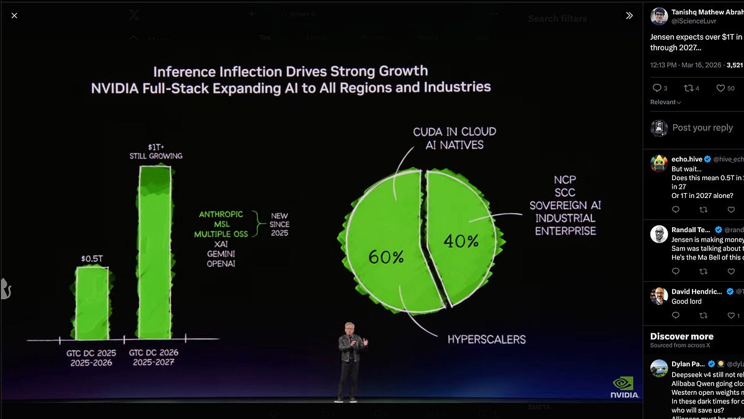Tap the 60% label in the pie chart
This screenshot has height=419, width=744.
(386, 256)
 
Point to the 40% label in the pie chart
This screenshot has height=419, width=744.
(461, 241)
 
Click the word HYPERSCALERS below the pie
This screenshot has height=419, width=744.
(486, 340)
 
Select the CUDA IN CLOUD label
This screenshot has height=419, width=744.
(454, 132)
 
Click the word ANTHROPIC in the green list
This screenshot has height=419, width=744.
(221, 214)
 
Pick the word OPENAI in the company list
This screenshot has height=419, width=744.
(221, 264)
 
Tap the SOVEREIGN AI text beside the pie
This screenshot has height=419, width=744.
(565, 205)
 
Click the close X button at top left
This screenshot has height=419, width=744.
(14, 16)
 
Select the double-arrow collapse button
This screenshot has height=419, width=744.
(629, 16)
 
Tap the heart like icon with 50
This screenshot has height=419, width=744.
(720, 88)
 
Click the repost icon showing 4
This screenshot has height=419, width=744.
(687, 88)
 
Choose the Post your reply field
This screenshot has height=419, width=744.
(702, 128)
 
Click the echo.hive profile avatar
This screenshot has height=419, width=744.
(659, 163)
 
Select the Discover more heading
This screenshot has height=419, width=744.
(681, 336)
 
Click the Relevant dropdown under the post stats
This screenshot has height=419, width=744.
(665, 102)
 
